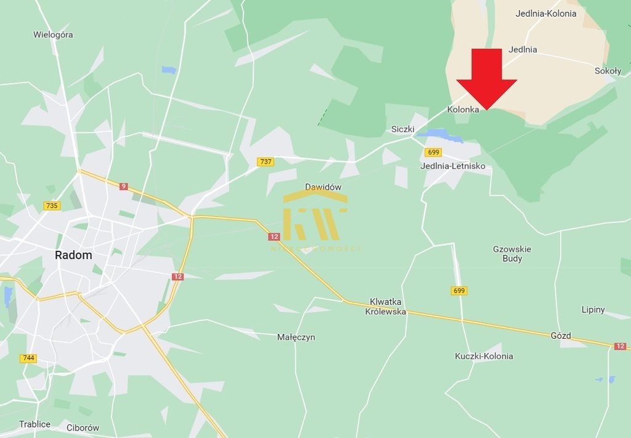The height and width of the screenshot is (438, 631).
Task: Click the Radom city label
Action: (x=73, y=255)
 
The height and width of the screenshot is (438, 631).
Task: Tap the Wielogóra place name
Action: (x=53, y=35)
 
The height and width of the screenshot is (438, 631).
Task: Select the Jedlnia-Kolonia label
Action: (x=546, y=14)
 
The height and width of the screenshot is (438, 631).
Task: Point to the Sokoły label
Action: (x=608, y=71)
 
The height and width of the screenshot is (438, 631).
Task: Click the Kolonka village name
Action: (x=463, y=110)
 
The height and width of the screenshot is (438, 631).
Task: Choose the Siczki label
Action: (x=403, y=129)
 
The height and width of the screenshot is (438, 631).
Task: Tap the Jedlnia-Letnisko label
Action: (x=453, y=166)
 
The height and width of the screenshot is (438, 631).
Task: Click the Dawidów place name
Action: (x=323, y=187)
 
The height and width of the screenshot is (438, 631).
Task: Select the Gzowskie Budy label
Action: (x=512, y=254)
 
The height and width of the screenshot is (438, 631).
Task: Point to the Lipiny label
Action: (x=593, y=310)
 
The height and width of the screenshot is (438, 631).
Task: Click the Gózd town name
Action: (x=561, y=336)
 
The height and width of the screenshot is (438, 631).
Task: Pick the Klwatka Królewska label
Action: (x=386, y=307)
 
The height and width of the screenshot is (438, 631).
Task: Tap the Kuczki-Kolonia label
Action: (x=484, y=356)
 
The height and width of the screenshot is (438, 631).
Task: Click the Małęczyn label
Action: (x=296, y=337)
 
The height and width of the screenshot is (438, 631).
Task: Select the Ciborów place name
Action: (x=83, y=428)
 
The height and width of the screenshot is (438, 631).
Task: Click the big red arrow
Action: (x=486, y=79)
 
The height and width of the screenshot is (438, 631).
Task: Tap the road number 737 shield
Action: (x=266, y=161)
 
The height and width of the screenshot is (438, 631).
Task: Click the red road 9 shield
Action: (x=124, y=186)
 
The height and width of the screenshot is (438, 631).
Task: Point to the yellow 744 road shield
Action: (x=28, y=358)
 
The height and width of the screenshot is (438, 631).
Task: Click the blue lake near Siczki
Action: (x=439, y=135)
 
